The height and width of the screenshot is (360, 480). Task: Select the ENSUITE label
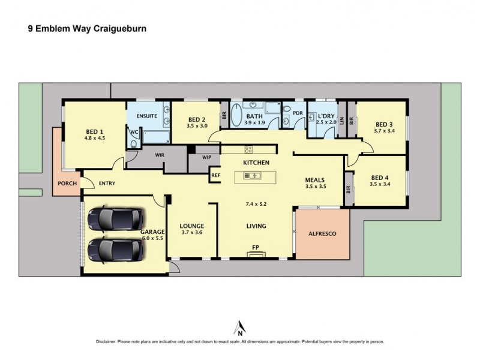pyautogui.click(x=146, y=115)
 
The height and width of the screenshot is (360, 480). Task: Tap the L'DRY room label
pyautogui.click(x=326, y=115)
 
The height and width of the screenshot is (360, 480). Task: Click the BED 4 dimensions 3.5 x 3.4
pyautogui.click(x=380, y=184)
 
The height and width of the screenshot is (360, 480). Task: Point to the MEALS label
pyautogui.click(x=316, y=179)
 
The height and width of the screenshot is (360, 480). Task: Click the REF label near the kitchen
pyautogui.click(x=215, y=175)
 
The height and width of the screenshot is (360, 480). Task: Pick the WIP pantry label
pyautogui.click(x=207, y=157)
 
